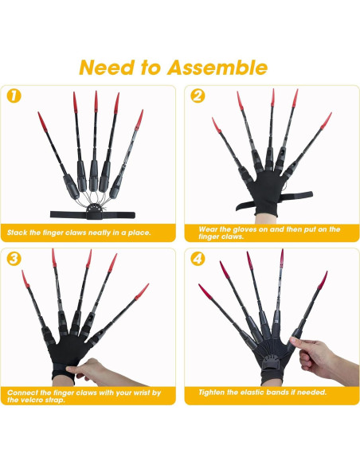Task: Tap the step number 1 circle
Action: (x=13, y=96)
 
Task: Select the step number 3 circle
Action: (x=13, y=259)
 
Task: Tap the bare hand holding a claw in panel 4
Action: (x=322, y=354)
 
